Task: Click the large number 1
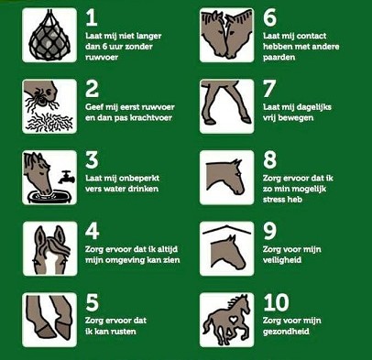point(92,17)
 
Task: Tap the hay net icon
point(49,35)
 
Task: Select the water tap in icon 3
point(67,177)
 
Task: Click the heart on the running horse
point(234,320)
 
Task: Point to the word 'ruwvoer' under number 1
point(102,57)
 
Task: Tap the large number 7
point(269,89)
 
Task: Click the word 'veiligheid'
point(282,260)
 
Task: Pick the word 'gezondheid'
point(286,332)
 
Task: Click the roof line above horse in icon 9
point(226,230)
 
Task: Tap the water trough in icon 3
point(49,196)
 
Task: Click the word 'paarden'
point(279,58)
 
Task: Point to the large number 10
point(276,302)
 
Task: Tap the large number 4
point(92,231)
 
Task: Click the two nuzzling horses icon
point(226,35)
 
